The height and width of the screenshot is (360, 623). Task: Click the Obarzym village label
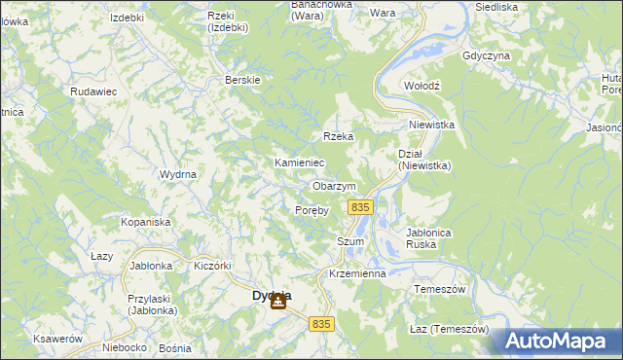pos(334,186)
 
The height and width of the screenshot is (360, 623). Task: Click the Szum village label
pos(350,242)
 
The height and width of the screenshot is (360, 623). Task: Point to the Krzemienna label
pos(358,274)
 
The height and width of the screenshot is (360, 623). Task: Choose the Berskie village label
pos(242,80)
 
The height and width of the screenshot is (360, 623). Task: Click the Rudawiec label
pos(93,90)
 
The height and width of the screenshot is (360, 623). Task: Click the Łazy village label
pos(102,256)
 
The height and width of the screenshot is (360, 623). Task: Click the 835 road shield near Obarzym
pos(361,208)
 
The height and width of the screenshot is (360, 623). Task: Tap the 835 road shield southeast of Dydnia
pos(322,323)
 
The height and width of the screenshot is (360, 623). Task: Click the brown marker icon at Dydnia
pos(278,303)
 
